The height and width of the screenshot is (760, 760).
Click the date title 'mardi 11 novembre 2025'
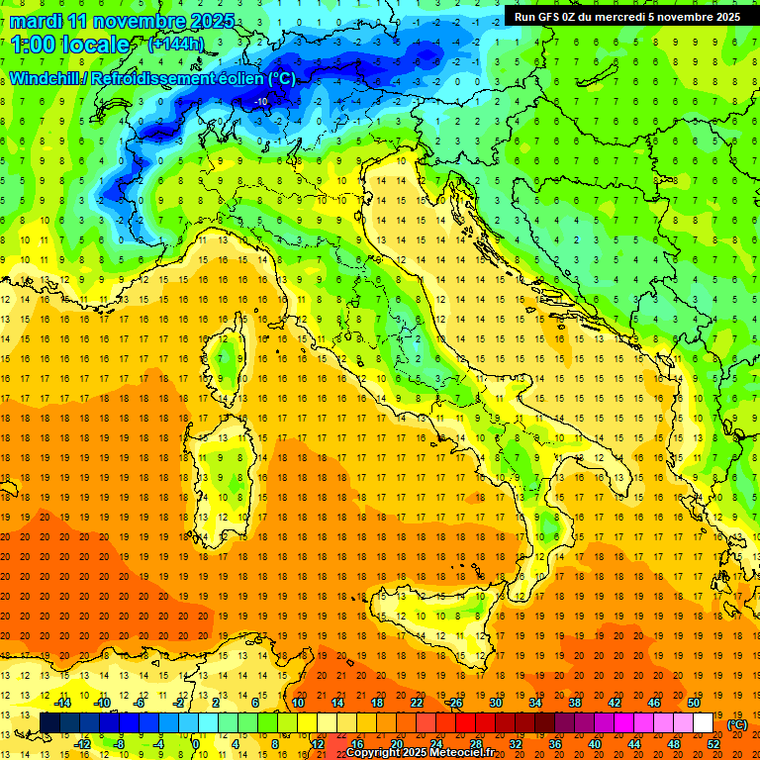tap(123, 21)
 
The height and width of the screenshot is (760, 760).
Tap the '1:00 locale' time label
tap(70, 45)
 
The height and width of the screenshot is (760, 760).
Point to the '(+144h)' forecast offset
tap(175, 44)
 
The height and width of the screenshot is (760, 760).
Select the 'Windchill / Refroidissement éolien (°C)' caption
tap(152, 78)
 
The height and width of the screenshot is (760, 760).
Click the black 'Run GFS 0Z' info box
tap(627, 16)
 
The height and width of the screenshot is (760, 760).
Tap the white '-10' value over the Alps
tap(261, 101)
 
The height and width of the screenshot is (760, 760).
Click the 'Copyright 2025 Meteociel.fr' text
tap(427, 752)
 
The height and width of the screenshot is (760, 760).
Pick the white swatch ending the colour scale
tap(703, 722)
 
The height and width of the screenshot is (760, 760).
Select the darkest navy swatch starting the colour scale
tap(49, 722)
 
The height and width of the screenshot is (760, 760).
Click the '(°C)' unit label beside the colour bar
tap(737, 724)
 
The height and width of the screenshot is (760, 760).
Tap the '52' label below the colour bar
tap(713, 743)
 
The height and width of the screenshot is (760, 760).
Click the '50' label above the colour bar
tap(693, 703)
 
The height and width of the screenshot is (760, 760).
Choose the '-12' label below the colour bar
tap(82, 743)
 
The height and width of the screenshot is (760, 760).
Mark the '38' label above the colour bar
tap(574, 703)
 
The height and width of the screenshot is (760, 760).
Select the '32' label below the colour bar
tap(515, 743)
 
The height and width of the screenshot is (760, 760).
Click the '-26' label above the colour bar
tap(454, 703)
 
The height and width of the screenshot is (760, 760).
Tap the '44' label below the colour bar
tap(634, 743)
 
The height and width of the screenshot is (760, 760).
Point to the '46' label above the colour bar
tap(653, 703)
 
